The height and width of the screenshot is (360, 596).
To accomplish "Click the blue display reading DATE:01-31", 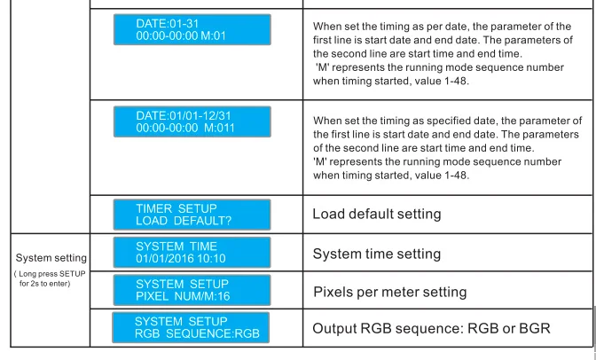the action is point(192,30).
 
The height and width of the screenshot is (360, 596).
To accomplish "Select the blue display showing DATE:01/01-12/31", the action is point(192,121).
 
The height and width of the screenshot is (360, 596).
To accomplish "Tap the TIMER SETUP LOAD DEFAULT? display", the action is point(192,215).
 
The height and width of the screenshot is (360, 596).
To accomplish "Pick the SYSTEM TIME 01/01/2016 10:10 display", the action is point(192,252).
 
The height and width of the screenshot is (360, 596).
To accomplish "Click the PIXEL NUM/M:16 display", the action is point(192,289).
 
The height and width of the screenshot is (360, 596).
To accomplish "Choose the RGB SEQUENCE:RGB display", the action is point(192,327).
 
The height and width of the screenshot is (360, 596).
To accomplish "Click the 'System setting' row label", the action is point(51,258).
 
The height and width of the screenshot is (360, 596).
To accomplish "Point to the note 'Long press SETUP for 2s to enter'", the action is point(50,278).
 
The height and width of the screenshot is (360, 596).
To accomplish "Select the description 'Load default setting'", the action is point(377,215).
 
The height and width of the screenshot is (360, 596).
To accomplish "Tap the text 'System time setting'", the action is point(376,254).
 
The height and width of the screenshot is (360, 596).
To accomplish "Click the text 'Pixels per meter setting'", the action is point(389,292).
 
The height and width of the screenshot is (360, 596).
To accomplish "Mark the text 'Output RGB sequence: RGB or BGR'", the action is point(431,329).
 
